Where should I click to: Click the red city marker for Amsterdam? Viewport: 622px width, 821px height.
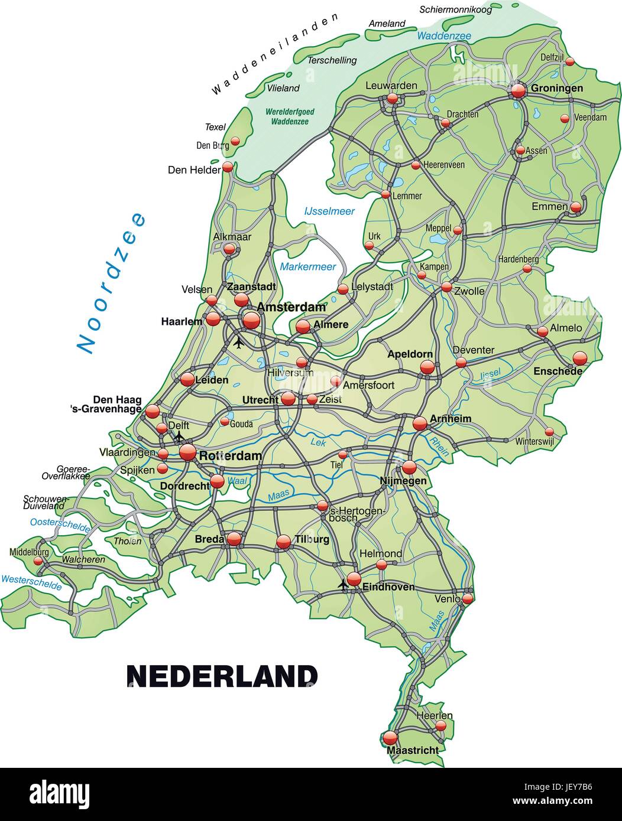click(251, 320)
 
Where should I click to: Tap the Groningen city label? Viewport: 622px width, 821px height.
click(556, 88)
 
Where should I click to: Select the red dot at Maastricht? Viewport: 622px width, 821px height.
click(390, 738)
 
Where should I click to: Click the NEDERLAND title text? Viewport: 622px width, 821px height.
click(222, 676)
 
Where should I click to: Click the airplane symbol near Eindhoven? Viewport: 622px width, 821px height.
click(342, 585)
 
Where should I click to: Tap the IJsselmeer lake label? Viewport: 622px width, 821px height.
click(329, 211)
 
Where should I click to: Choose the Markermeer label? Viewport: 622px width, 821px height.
click(307, 266)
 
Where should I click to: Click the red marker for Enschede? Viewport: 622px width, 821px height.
click(580, 358)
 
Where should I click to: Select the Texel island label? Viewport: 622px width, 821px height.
click(215, 127)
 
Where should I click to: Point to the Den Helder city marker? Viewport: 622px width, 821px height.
click(228, 167)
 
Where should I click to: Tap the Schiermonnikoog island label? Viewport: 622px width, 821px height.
click(455, 9)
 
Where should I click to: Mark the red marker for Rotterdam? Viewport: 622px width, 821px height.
click(187, 452)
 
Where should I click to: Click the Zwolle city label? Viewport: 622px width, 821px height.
click(469, 291)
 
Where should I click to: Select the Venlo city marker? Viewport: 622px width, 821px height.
click(467, 598)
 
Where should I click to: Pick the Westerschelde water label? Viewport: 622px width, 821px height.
click(31, 582)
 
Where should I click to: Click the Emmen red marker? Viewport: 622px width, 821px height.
click(576, 207)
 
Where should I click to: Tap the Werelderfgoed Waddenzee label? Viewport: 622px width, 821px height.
click(290, 116)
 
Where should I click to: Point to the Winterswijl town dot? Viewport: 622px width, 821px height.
click(549, 431)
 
